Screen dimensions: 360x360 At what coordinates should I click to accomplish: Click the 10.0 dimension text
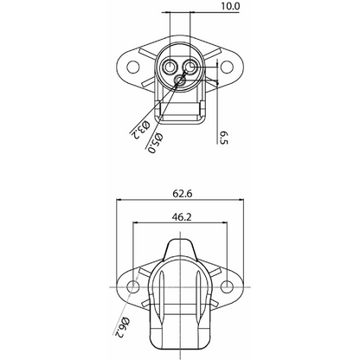point(205,6)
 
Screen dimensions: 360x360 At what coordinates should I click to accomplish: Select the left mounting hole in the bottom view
point(132,286)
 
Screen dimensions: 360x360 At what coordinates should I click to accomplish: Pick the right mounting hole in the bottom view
point(228,286)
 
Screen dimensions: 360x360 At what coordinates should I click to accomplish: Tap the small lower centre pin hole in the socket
point(180,80)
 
